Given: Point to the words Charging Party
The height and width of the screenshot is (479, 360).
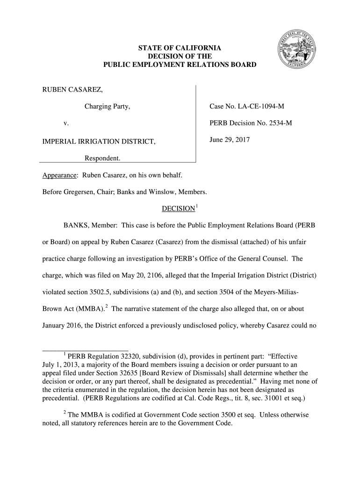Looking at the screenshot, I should click(x=107, y=107).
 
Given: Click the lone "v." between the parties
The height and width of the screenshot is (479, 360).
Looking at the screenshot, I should click(x=66, y=124).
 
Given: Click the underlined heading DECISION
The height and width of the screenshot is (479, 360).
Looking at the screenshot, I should click(x=178, y=208).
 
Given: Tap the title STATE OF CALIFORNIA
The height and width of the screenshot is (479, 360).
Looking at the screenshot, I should click(x=180, y=48).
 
